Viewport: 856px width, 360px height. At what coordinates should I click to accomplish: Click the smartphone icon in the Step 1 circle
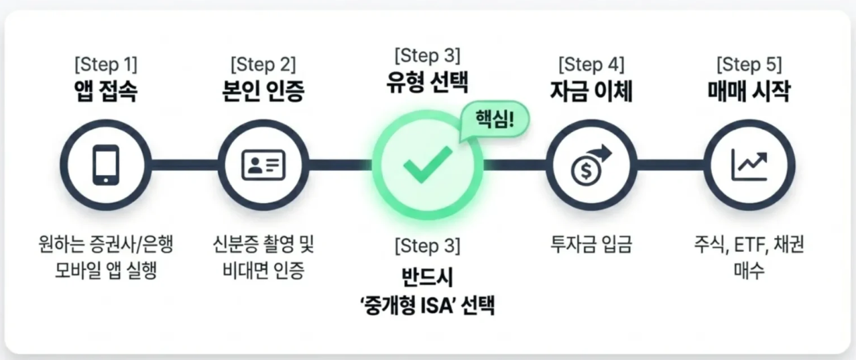(x=106, y=165)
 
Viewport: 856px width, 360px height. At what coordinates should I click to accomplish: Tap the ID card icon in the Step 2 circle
(x=263, y=165)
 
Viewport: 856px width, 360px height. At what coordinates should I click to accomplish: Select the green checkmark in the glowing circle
(x=428, y=165)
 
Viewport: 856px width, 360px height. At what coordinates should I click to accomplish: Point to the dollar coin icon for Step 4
(x=591, y=166)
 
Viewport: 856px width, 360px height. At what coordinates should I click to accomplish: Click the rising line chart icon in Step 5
(x=749, y=165)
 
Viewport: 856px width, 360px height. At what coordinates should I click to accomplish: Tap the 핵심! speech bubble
(x=495, y=119)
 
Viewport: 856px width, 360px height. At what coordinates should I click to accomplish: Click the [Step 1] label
(x=106, y=64)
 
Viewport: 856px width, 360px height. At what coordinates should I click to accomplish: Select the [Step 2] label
(x=263, y=64)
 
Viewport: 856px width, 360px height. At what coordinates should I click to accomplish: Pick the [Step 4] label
(x=591, y=64)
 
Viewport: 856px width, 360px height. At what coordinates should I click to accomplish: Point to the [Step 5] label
(x=749, y=64)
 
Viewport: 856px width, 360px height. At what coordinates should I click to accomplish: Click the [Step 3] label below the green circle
(x=428, y=245)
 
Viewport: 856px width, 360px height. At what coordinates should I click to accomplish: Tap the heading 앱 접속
(x=106, y=91)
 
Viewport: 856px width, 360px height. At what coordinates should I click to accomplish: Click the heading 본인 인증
(x=263, y=91)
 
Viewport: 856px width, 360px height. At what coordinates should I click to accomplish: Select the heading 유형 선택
(x=428, y=82)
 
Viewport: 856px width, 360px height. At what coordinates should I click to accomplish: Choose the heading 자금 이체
(x=591, y=91)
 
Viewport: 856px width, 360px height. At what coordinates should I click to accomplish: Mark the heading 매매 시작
(x=749, y=91)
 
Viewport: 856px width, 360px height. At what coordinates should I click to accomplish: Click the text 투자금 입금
(x=591, y=244)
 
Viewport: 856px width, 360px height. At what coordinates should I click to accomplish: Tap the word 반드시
(x=428, y=277)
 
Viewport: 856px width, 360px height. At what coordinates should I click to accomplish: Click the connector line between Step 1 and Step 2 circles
(x=184, y=165)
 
